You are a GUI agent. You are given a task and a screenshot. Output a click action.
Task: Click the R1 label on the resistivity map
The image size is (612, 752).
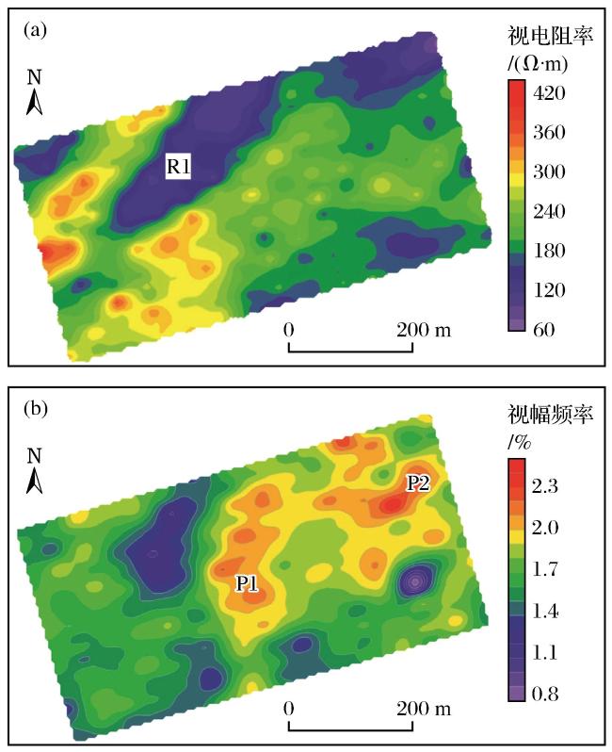(178, 166)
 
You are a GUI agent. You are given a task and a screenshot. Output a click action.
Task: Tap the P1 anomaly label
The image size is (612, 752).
(247, 583)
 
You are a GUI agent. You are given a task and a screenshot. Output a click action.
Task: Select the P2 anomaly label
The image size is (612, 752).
(418, 483)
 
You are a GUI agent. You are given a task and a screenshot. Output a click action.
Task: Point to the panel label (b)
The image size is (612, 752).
(36, 409)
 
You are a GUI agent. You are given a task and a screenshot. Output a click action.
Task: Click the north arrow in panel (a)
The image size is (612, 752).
(34, 92)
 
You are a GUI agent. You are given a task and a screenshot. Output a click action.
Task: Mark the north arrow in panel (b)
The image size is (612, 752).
(34, 471)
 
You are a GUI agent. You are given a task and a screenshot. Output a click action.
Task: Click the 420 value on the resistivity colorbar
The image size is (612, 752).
(549, 92)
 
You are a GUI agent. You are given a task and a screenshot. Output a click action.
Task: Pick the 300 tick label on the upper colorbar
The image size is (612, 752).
(549, 172)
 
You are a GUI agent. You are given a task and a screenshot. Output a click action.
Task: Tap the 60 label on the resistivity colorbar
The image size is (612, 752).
(544, 330)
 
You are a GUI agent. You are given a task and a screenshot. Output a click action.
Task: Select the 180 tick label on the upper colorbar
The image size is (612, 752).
(549, 251)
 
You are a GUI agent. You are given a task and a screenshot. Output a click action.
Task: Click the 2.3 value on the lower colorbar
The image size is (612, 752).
(545, 486)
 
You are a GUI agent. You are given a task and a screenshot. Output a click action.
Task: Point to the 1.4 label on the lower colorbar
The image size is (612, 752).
(545, 611)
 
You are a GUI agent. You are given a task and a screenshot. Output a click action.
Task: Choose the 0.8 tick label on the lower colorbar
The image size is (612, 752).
(545, 694)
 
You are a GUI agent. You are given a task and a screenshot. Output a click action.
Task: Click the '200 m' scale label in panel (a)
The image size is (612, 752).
(424, 330)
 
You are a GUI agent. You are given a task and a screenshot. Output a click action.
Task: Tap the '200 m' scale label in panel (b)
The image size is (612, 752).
(424, 709)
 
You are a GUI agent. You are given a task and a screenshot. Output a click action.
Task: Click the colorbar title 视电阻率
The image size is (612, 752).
(551, 36)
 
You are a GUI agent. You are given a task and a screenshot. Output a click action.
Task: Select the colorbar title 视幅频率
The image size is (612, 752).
(551, 414)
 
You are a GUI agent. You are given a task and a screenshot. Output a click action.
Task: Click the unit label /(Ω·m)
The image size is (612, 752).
(538, 64)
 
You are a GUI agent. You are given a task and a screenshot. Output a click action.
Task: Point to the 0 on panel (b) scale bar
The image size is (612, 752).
(288, 709)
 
